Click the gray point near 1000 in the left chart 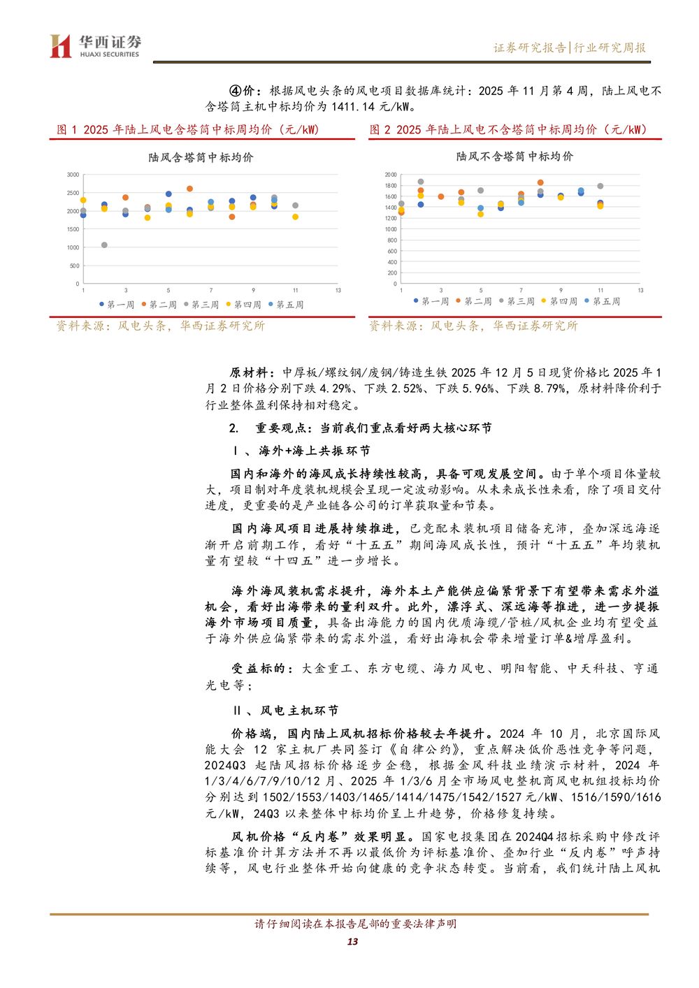point(104,245)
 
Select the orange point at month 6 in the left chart point(189,189)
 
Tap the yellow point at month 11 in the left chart point(295,217)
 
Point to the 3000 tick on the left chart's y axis point(73,175)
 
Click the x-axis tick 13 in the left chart point(338,290)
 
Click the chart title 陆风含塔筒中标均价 point(201,158)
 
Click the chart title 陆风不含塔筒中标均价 point(514,157)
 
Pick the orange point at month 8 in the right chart point(540,182)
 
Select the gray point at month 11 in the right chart point(600,186)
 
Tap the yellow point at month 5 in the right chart point(480,214)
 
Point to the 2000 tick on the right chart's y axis point(390,175)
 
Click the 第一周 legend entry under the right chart point(431,301)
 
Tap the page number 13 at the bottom point(352,941)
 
